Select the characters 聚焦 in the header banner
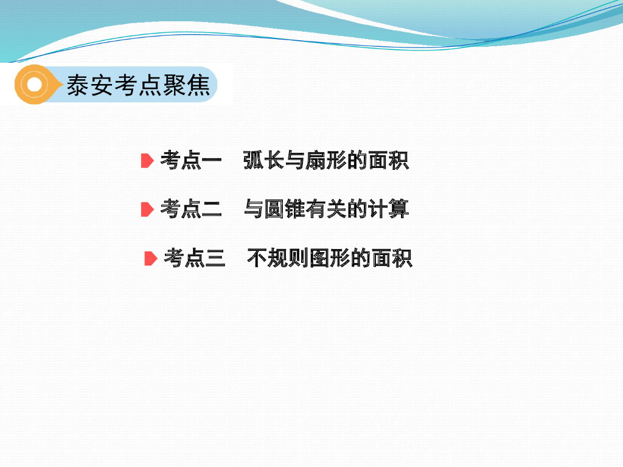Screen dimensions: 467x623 [194, 85]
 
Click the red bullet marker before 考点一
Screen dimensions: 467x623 [147, 161]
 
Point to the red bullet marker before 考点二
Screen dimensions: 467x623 [147, 209]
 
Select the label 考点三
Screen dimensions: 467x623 [194, 259]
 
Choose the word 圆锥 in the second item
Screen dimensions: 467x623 [284, 209]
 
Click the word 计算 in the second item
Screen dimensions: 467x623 [389, 209]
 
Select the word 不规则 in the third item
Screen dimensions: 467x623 [277, 259]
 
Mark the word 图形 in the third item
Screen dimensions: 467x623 [330, 259]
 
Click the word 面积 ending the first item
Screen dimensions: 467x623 [389, 161]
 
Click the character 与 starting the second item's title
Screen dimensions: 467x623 [253, 209]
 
